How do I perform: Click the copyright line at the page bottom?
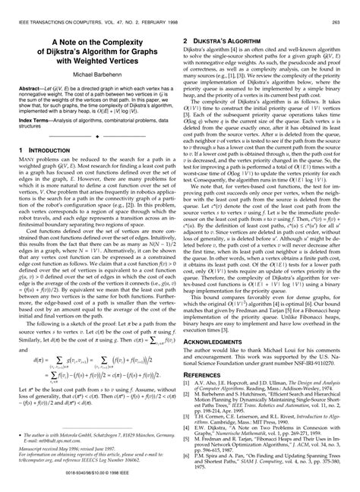click(x=180, y=485)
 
